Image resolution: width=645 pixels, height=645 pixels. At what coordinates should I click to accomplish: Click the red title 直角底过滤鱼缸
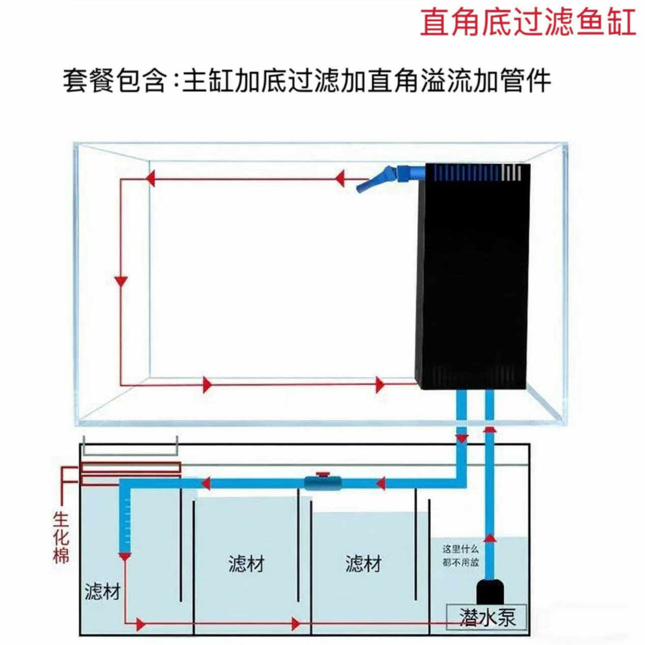[x=527, y=22]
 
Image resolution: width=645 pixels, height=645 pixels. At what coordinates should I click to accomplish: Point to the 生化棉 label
[x=61, y=538]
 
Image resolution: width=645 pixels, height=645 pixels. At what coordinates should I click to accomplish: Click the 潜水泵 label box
[x=487, y=617]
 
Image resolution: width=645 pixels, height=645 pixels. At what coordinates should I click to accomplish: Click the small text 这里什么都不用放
[x=460, y=556]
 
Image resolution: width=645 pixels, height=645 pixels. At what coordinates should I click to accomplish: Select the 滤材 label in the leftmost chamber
[x=103, y=592]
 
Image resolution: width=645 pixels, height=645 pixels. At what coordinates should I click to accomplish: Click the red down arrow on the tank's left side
[x=121, y=281]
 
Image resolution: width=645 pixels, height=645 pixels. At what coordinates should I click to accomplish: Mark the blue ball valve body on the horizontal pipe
[x=322, y=483]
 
